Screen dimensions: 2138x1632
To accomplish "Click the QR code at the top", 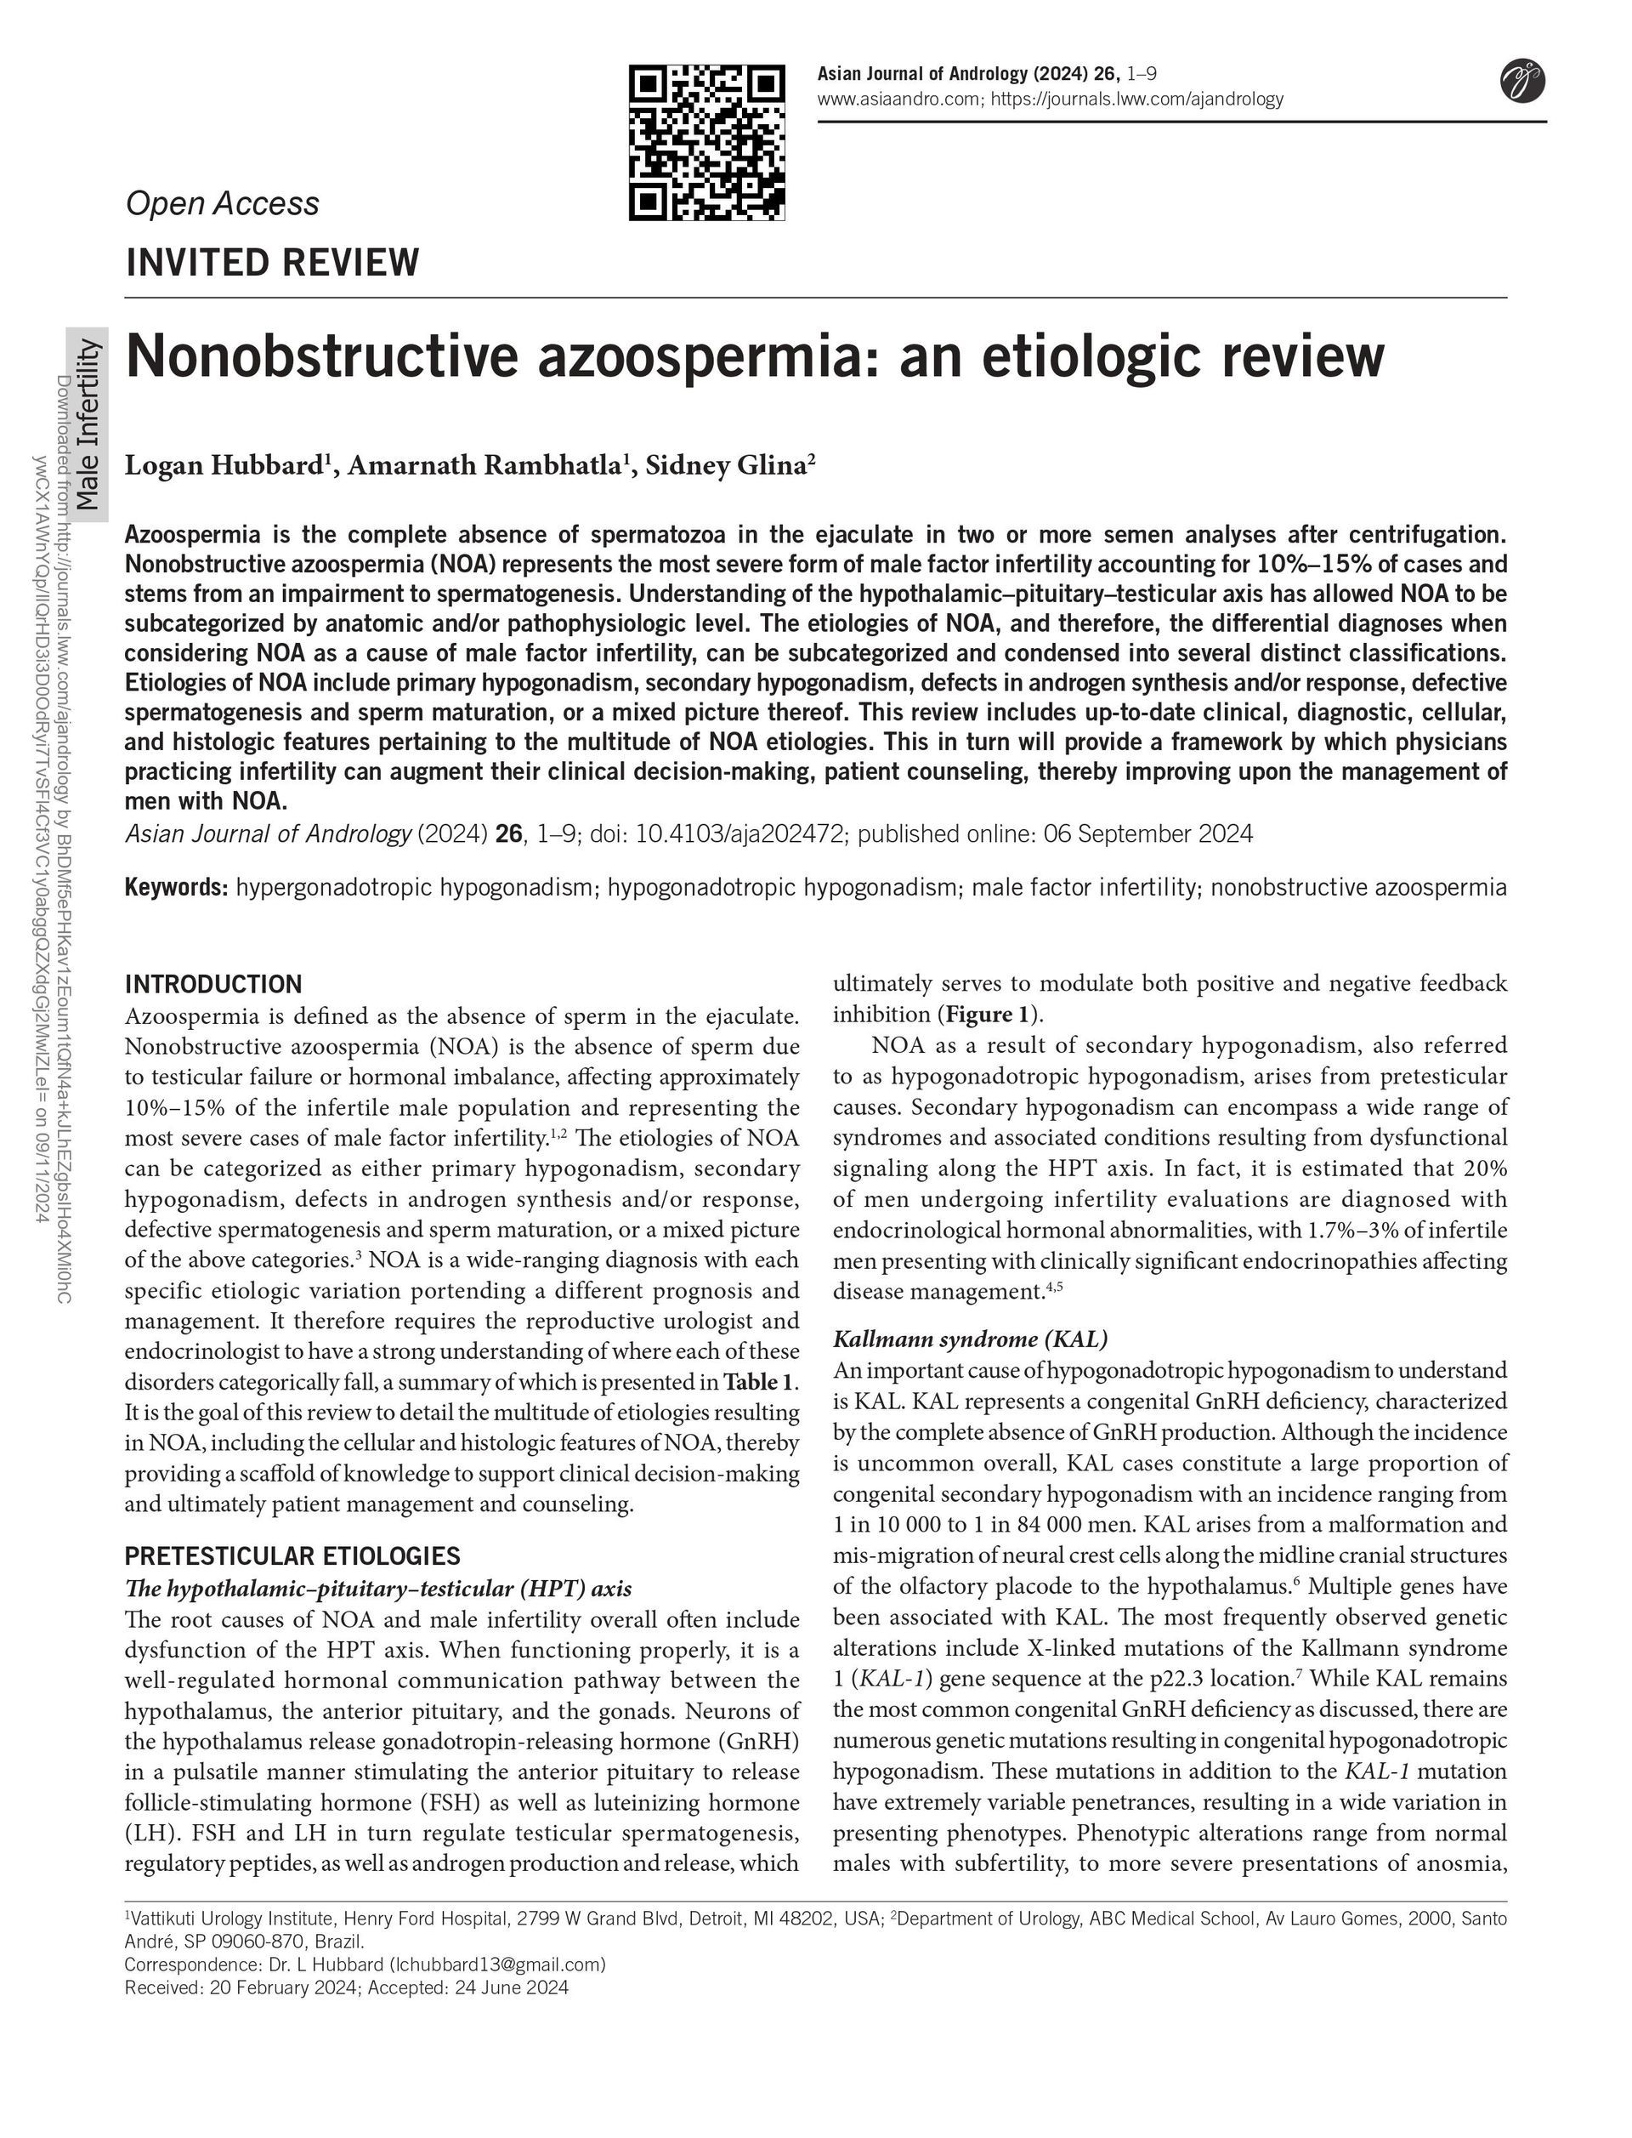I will tap(706, 143).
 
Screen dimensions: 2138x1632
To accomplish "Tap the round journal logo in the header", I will tap(1522, 81).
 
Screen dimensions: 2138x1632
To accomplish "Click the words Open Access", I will tap(223, 203).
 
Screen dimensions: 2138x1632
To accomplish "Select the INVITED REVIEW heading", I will tap(273, 263).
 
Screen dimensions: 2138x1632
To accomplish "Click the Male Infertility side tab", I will tap(88, 424).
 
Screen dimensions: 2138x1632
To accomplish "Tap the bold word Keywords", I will tap(176, 887).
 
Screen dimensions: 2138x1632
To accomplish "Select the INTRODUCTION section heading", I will tap(213, 983).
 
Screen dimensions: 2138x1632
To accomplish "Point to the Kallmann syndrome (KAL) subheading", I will tap(971, 1339).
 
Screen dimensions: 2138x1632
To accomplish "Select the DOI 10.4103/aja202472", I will tap(739, 833).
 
